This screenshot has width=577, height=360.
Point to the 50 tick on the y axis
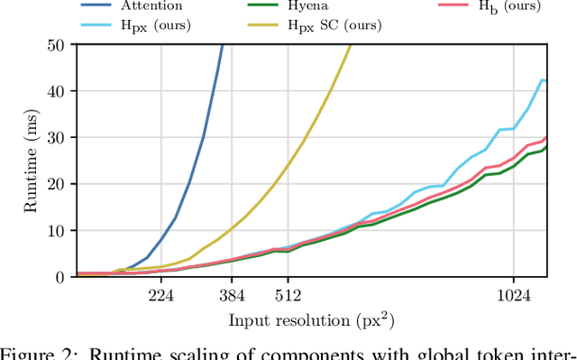tap(57, 44)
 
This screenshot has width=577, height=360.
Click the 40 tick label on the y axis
tap(57, 91)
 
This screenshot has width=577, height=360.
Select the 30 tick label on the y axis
tap(57, 137)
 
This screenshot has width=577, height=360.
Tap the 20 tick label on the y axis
tap(57, 184)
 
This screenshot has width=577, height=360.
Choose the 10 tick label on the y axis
tap(57, 231)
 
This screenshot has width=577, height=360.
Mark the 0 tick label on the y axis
tap(61, 277)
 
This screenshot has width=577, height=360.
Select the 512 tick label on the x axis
tap(288, 295)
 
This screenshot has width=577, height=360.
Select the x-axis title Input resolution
tap(311, 320)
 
